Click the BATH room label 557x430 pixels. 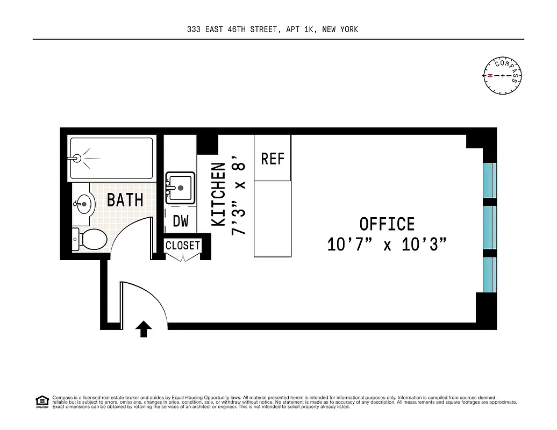(x=125, y=200)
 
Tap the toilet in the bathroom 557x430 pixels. (x=90, y=239)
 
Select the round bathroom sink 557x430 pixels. (x=83, y=204)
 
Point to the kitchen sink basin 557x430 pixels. (x=180, y=188)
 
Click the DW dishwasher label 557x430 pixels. (x=180, y=221)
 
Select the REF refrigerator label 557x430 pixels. (x=273, y=159)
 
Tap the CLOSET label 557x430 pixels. (x=183, y=246)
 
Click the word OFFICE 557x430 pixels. (x=387, y=224)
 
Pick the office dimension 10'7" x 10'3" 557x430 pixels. (x=387, y=245)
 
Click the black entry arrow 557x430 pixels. (x=144, y=328)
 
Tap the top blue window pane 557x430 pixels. (x=490, y=181)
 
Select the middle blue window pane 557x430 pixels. (x=490, y=227)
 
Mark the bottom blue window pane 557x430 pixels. (x=490, y=274)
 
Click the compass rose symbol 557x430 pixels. (x=503, y=75)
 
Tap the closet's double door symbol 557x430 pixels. (x=183, y=257)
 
